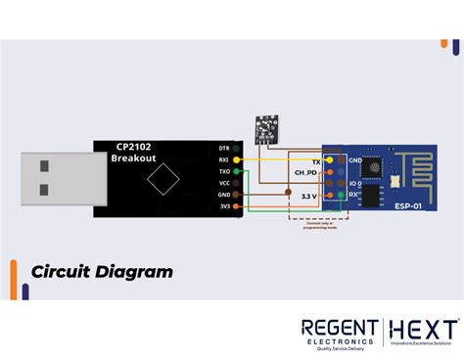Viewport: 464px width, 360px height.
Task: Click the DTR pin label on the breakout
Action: [x=223, y=148]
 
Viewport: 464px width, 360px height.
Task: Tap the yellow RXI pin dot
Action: [x=237, y=159]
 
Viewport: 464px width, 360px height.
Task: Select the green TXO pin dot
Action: [x=237, y=171]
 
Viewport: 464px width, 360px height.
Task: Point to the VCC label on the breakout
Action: [x=223, y=183]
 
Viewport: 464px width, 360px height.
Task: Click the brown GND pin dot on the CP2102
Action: [x=237, y=195]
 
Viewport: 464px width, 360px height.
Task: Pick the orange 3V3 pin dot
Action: [x=237, y=206]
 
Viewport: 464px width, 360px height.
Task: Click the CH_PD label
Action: [x=304, y=172]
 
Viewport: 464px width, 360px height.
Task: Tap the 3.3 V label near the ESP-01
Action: [x=306, y=196]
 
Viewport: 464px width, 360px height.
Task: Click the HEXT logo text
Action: [x=423, y=329]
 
